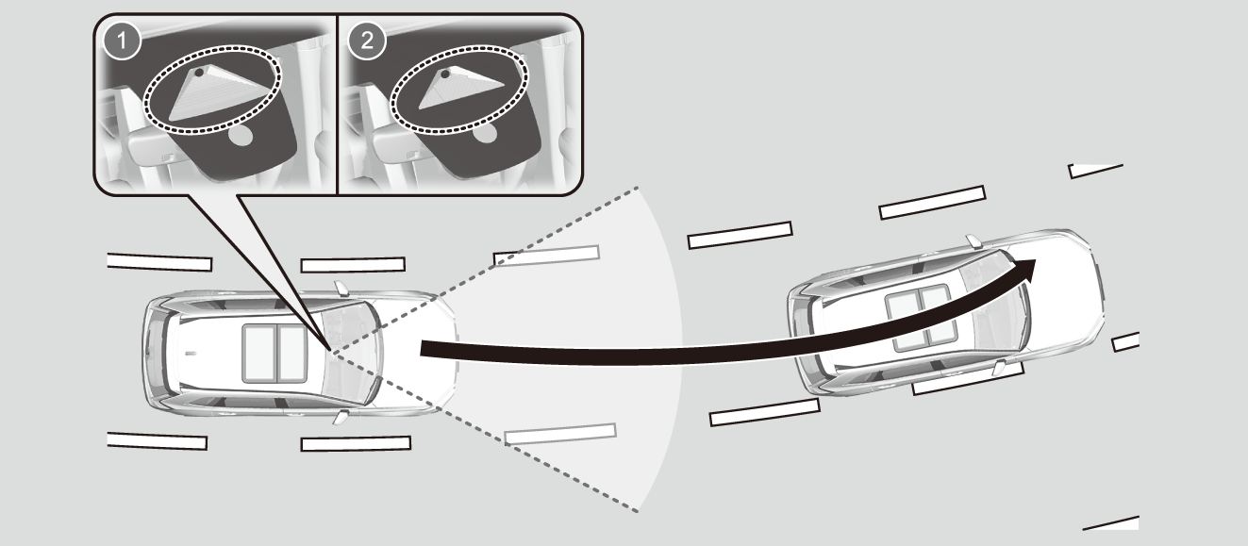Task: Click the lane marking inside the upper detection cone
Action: [x=548, y=255]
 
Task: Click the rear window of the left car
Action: [x=170, y=354]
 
